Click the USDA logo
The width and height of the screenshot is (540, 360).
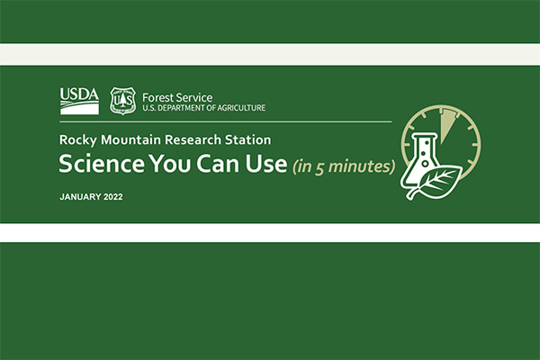click(79, 100)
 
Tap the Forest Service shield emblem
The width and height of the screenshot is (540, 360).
click(122, 100)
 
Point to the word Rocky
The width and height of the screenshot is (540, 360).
click(78, 140)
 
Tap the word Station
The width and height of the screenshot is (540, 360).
click(252, 140)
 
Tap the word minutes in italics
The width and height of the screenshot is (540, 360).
click(360, 166)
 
